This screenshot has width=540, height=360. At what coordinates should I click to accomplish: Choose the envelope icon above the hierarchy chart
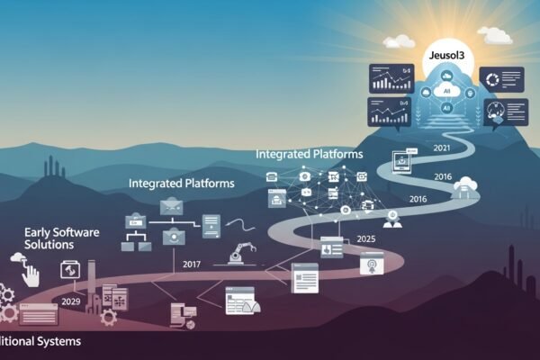click(x=171, y=208)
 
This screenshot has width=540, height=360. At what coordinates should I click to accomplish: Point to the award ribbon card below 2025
click(x=368, y=265)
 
